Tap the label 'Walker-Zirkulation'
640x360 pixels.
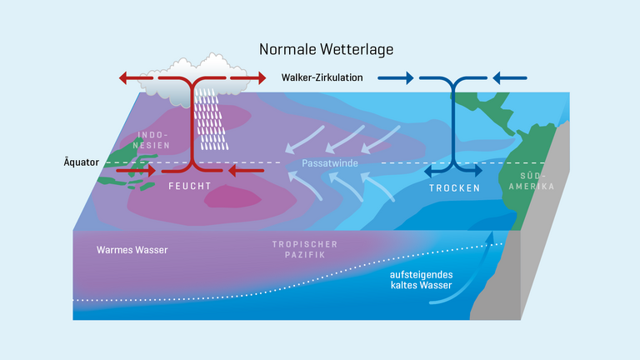pos(322,78)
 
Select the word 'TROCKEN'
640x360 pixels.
pos(454,187)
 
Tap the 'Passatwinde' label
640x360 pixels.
pos(329,163)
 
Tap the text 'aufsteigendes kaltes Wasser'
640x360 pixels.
pos(421,280)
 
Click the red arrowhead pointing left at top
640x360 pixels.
pos(125,78)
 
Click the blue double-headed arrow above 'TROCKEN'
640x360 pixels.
pos(454,170)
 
